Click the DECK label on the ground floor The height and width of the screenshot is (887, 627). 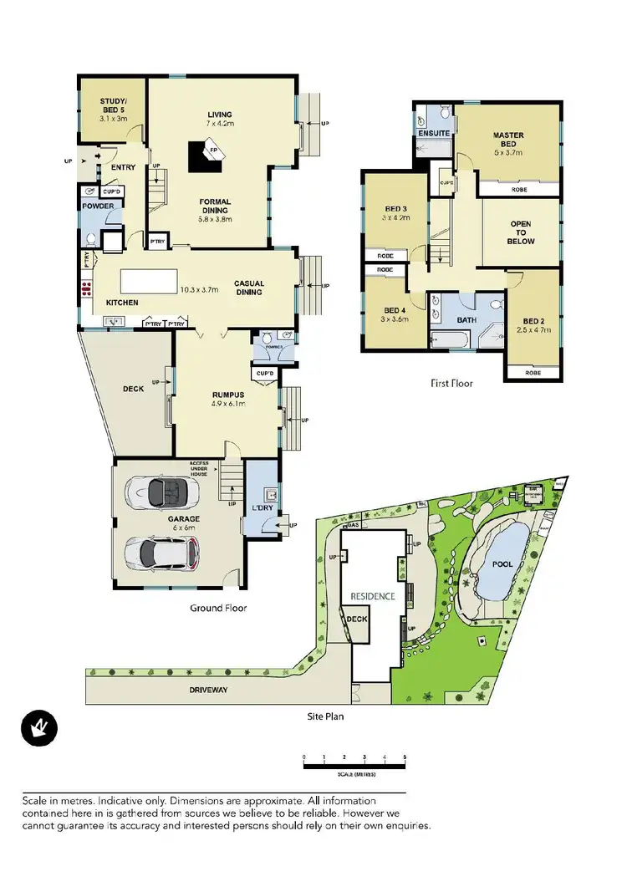133,388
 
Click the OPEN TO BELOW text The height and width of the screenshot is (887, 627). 520,232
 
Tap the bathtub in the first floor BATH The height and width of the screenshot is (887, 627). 451,338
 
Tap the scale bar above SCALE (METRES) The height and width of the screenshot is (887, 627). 354,765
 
